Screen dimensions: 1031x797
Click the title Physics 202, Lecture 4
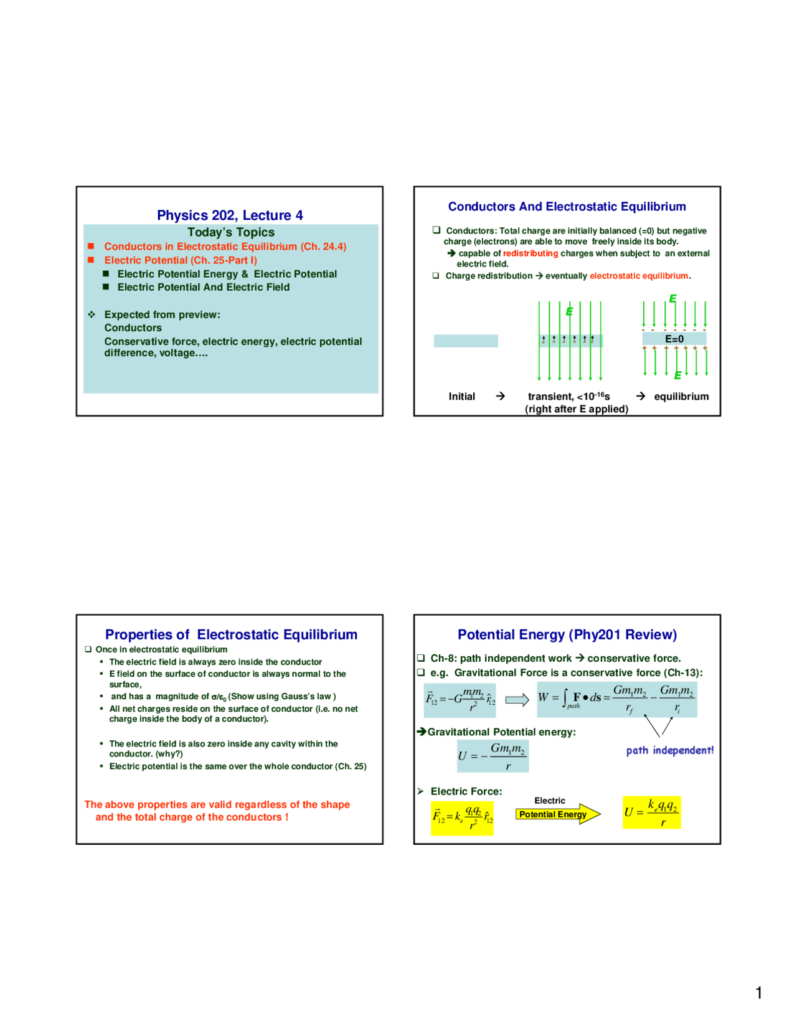[x=230, y=215]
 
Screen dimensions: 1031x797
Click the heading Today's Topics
[x=230, y=232]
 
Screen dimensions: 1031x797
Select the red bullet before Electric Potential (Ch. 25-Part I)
[x=91, y=260]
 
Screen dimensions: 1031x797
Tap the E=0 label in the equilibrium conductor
[x=674, y=339]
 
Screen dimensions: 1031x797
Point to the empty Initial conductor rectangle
[x=466, y=341]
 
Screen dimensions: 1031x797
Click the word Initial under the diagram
[x=461, y=397]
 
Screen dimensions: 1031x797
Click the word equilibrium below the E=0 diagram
[x=681, y=397]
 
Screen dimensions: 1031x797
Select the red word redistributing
[x=531, y=253]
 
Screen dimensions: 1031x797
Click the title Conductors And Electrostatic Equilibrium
[x=567, y=207]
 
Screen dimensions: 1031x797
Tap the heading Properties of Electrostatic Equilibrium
[x=231, y=634]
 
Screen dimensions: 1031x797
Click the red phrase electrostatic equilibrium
[x=639, y=276]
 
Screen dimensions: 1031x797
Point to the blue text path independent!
[x=669, y=750]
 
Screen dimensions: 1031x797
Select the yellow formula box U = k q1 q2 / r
[x=651, y=812]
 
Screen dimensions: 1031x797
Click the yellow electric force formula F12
[x=463, y=817]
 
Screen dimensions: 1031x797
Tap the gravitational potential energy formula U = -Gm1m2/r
[x=493, y=756]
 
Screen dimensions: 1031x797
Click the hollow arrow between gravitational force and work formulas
[x=517, y=700]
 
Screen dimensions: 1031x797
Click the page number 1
[x=758, y=992]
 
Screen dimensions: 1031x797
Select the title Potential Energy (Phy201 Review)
[x=567, y=634]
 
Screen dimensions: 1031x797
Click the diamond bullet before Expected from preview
[x=92, y=314]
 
